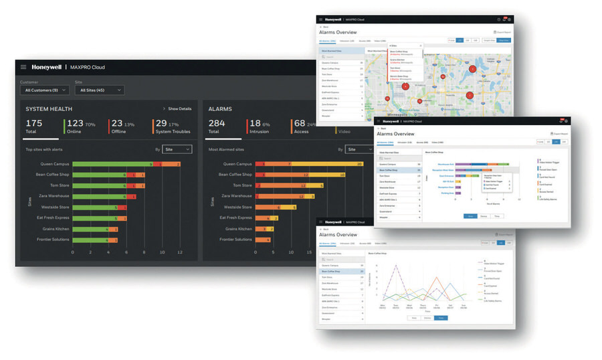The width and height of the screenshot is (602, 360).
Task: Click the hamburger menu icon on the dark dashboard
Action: click(x=23, y=67)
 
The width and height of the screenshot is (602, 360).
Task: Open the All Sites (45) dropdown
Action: click(x=100, y=90)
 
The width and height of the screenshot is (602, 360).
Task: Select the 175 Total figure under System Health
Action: click(x=34, y=123)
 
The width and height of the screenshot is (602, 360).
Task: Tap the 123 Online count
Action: click(x=76, y=123)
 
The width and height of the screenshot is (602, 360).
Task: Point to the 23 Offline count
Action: click(x=116, y=123)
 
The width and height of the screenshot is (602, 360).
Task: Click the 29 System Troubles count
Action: click(x=161, y=123)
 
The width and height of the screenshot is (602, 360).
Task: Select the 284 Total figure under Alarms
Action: click(x=217, y=123)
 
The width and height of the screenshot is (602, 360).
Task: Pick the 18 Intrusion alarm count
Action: click(x=255, y=123)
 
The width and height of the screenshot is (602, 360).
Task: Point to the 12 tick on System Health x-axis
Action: click(x=179, y=253)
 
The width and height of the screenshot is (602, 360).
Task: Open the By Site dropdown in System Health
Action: click(x=177, y=149)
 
